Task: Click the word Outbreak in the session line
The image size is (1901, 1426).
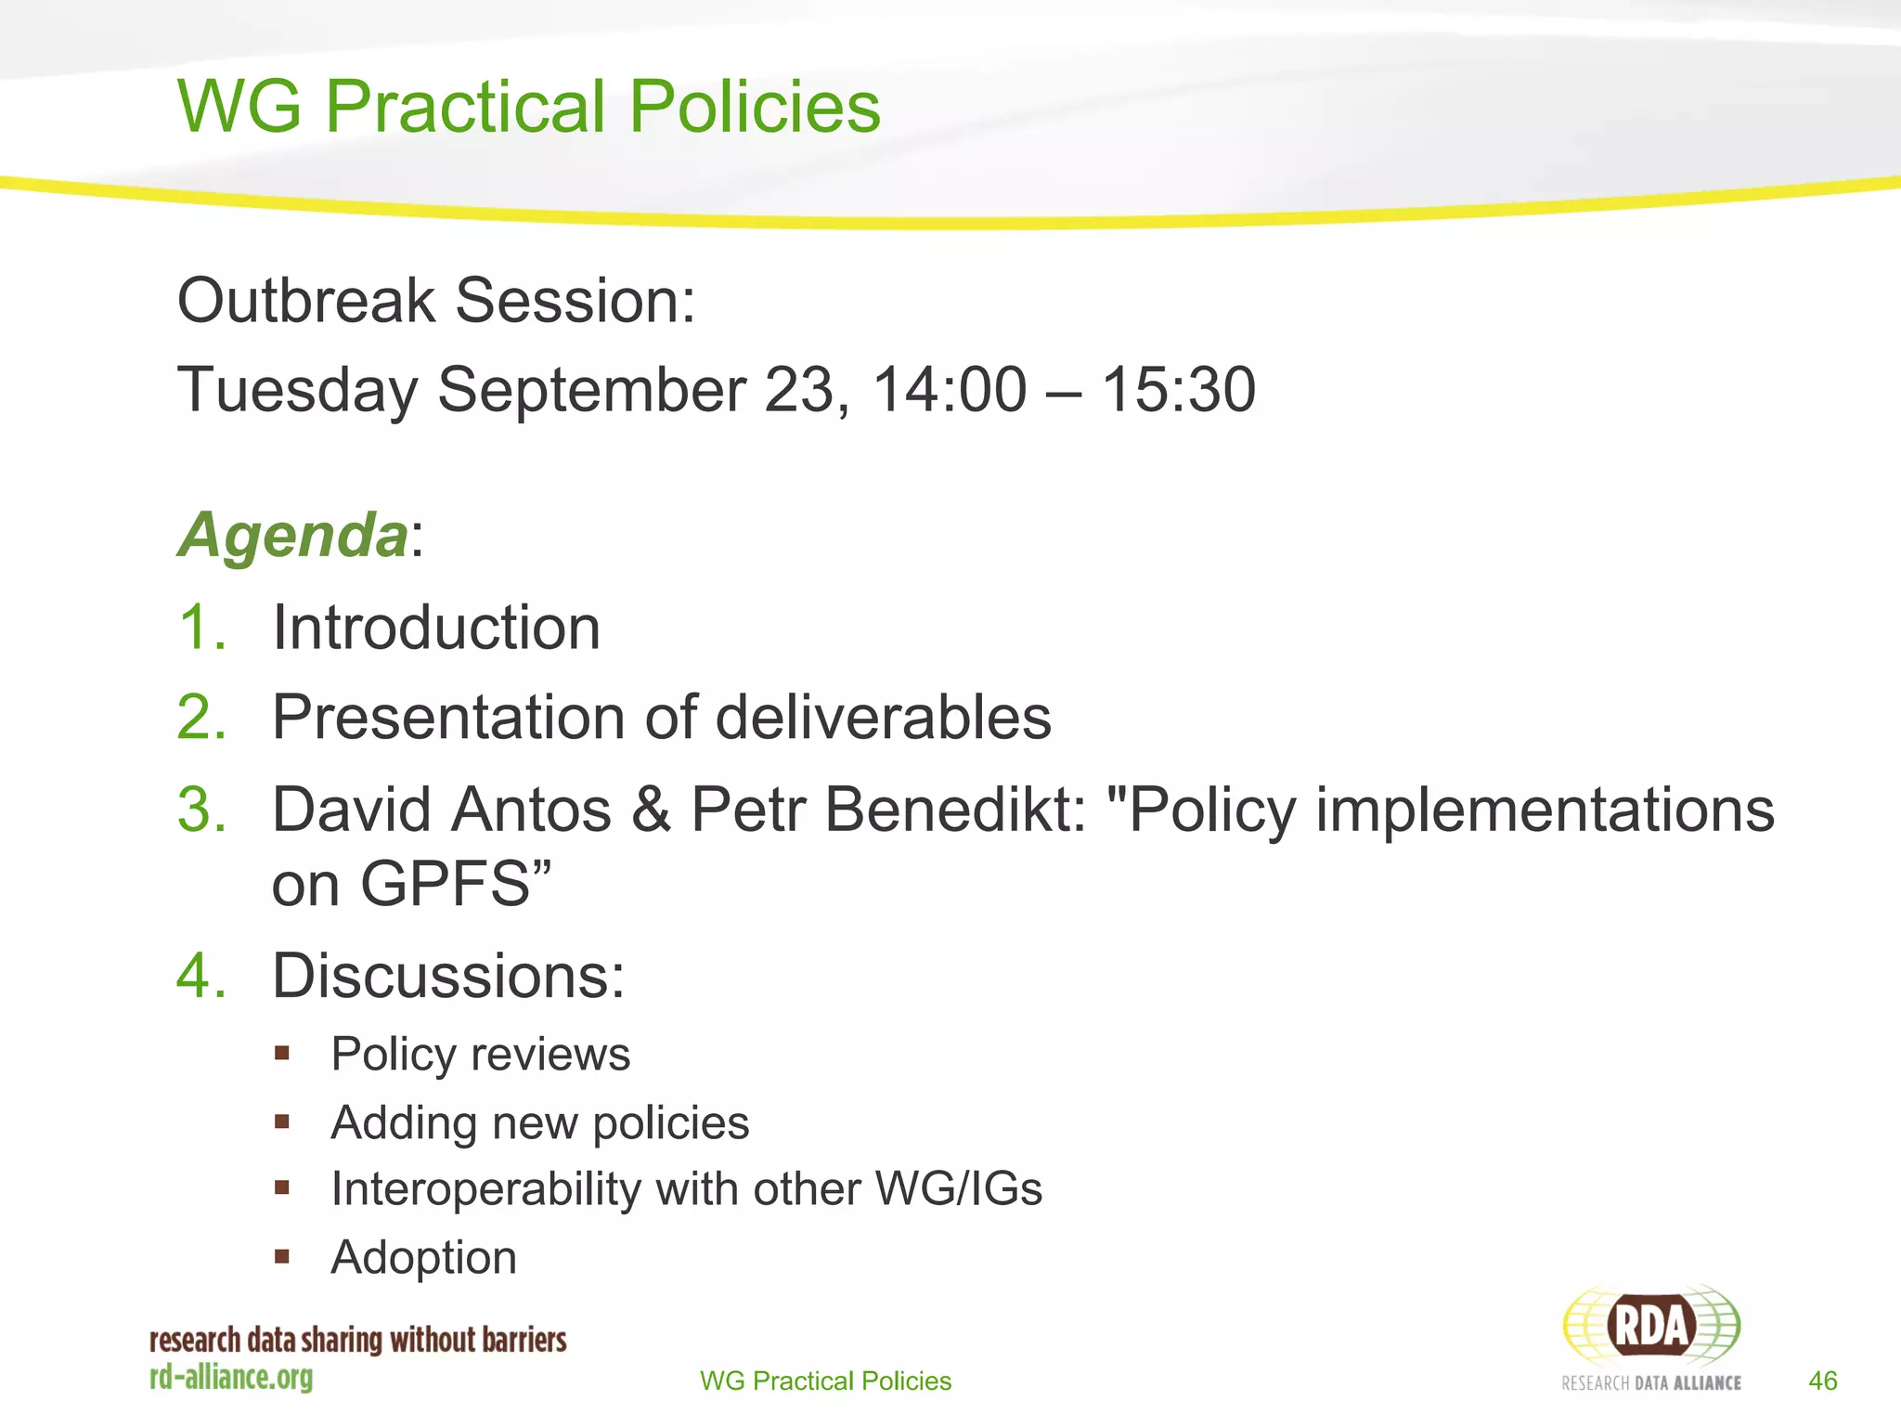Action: click(306, 301)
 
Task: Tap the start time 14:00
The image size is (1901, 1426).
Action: click(950, 389)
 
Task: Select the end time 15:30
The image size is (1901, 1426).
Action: click(1178, 389)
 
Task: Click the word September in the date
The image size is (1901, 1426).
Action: click(591, 391)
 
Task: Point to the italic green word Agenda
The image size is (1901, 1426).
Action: click(292, 536)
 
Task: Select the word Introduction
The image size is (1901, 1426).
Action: click(436, 628)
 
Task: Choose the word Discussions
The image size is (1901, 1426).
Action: click(448, 977)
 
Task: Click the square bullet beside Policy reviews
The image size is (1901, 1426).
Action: click(282, 1054)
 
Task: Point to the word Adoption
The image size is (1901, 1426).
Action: click(423, 1258)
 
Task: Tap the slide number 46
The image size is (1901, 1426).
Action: click(1823, 1381)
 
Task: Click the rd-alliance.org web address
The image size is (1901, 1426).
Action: click(231, 1378)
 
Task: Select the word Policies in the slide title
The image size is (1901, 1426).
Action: click(755, 107)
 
